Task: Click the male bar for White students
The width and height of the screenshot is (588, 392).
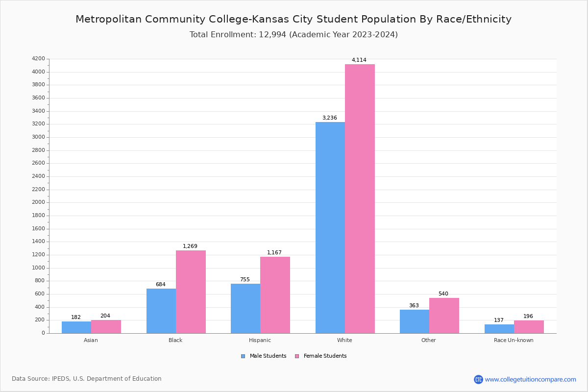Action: (330, 228)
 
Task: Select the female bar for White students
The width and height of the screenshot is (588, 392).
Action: (360, 199)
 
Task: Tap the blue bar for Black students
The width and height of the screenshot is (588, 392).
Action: (161, 311)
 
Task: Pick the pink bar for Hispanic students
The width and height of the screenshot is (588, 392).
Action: (275, 295)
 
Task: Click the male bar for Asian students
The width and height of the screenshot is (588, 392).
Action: (76, 327)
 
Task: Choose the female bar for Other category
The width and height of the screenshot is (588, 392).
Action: (444, 316)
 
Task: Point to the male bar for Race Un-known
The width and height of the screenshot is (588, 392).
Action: (499, 329)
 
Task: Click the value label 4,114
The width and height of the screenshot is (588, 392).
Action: (359, 60)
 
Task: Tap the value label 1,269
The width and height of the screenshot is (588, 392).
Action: (190, 246)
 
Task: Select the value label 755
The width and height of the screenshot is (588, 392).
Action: (245, 280)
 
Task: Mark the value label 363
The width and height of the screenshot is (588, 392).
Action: (414, 306)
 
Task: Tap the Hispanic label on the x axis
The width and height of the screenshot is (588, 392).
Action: (260, 340)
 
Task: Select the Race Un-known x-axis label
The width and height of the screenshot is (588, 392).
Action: (514, 340)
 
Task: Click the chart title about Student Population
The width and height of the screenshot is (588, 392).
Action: (294, 20)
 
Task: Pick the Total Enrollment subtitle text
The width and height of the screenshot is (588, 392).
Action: (294, 35)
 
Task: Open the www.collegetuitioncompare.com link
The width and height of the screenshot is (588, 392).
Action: (530, 379)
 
